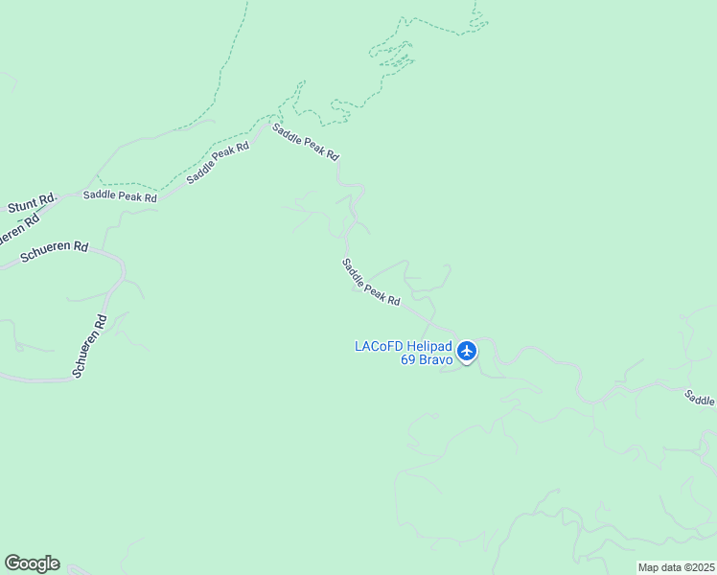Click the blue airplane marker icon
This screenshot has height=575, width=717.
click(x=467, y=352)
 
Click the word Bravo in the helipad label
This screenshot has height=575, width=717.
click(x=435, y=360)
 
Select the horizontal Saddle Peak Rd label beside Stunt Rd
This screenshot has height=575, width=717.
click(x=120, y=195)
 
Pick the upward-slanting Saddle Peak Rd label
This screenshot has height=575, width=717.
click(x=218, y=163)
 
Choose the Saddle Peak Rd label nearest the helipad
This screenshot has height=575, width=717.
click(x=371, y=283)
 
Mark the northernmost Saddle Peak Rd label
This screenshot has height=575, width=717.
click(x=306, y=142)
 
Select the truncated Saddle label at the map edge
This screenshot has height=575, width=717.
click(x=700, y=398)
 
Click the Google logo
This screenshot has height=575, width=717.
click(x=32, y=563)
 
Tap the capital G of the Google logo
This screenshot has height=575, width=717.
click(x=12, y=563)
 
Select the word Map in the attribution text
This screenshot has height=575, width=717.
click(x=649, y=567)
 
